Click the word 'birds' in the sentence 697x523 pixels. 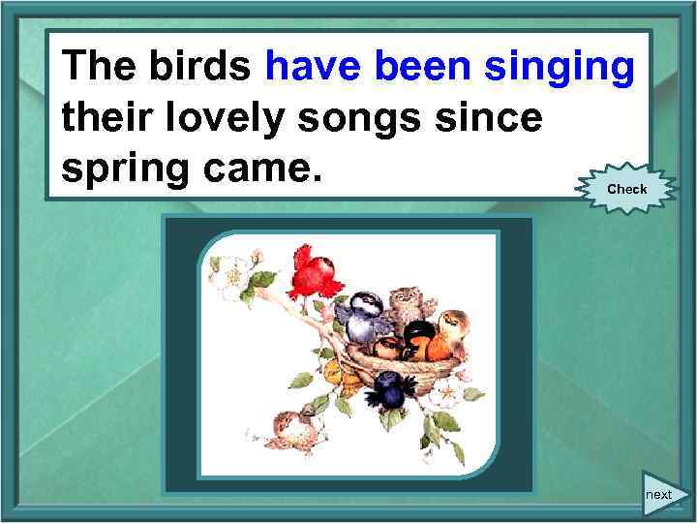click(x=200, y=67)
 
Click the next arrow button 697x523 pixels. click(x=662, y=494)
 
